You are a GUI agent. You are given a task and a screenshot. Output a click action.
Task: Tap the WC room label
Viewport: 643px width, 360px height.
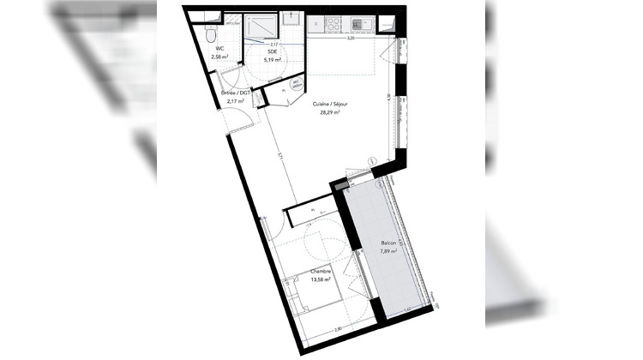coord(219,49)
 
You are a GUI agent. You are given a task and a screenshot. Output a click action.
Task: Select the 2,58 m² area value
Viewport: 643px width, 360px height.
coord(220,57)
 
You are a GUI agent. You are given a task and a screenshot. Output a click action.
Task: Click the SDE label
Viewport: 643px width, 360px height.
coord(271,52)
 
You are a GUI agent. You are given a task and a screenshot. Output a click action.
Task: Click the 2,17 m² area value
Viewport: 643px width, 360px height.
coord(236,101)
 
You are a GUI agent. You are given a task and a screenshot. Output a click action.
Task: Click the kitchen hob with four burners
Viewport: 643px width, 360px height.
coord(334,21)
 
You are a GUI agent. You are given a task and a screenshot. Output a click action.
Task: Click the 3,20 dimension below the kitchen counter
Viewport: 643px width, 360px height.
coord(351,39)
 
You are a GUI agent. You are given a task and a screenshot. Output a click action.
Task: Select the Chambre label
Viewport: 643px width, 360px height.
coord(297,272)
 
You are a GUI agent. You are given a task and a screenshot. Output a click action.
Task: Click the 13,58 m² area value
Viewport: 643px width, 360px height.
coord(297,280)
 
